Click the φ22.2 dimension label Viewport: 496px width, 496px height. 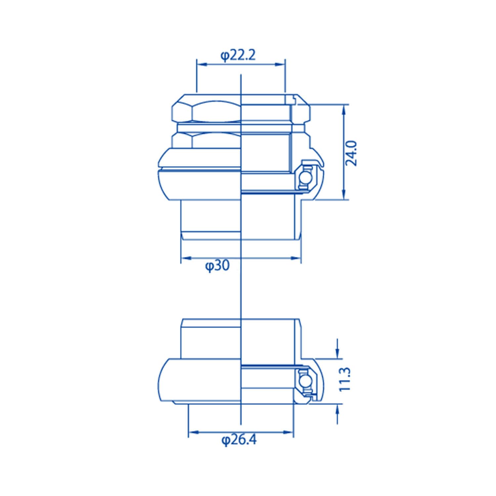(238, 55)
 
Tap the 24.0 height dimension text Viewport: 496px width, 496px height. (351, 153)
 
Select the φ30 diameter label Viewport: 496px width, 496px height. (217, 266)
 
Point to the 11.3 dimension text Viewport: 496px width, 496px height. (345, 379)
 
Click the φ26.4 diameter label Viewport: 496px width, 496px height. (239, 440)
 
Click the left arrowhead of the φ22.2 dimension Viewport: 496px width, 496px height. (202, 64)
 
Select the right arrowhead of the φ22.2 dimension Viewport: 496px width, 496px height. (280, 64)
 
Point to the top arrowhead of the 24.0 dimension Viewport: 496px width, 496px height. (344, 109)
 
